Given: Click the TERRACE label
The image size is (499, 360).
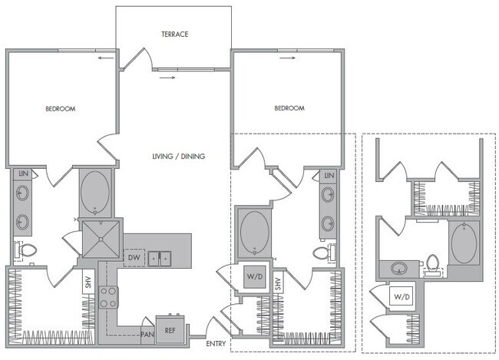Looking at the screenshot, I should coord(175,35).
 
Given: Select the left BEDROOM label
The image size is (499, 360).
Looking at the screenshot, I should coord(60,109).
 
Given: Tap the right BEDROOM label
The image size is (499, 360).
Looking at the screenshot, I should coord(289,109).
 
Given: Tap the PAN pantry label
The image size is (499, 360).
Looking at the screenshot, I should coord(147,333).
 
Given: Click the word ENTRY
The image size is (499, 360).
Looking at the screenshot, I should coord(216,343).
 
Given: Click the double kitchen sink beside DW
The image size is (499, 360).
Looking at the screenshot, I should coord(160,259).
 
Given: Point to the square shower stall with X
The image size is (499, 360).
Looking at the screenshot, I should coord(98,238).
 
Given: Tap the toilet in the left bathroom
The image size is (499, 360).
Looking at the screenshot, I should coord(25,250).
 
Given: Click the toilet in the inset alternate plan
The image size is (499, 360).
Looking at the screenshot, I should coord(433,264).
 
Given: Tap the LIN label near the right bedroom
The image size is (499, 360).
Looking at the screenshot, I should coord(329,176).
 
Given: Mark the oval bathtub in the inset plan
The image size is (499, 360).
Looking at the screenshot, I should coord(464,244).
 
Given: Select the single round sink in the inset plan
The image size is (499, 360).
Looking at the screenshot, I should coord(399,268).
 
